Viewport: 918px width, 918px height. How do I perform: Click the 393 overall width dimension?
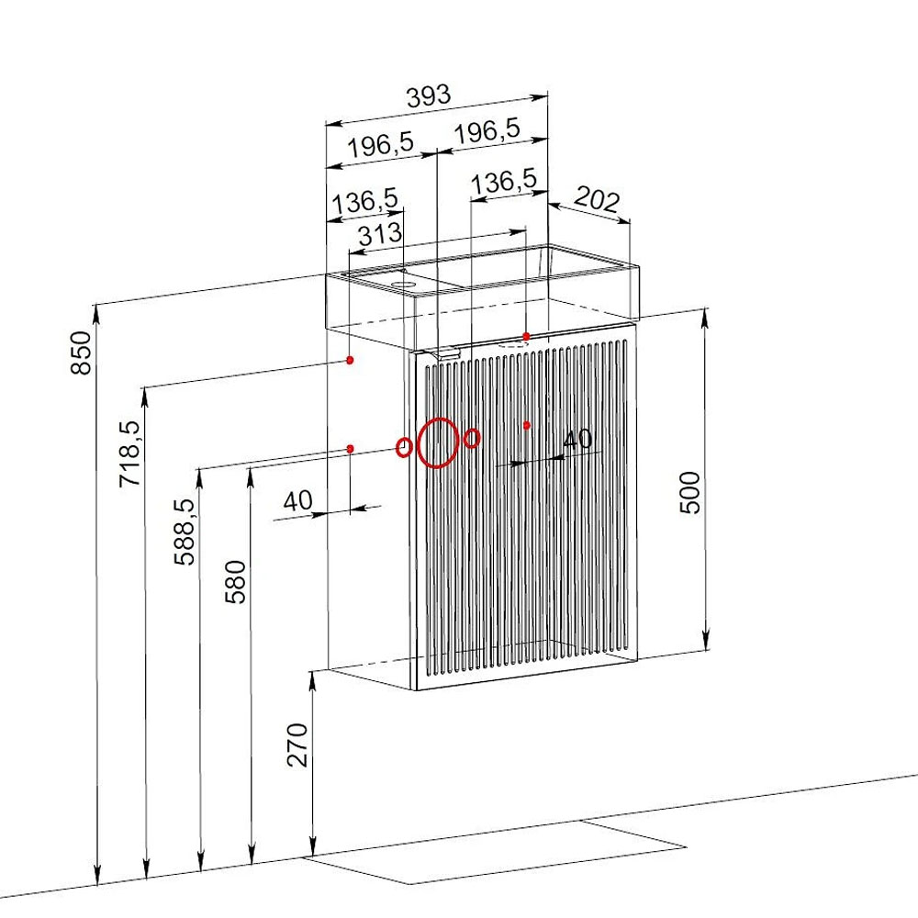(x=429, y=96)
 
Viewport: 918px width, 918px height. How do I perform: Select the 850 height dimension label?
(x=82, y=353)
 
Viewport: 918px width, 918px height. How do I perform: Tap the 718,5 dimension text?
(x=130, y=453)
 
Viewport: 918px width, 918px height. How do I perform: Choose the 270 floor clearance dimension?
(x=297, y=744)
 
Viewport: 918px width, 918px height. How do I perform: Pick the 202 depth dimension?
(x=597, y=199)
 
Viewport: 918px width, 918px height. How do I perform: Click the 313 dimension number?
(x=380, y=235)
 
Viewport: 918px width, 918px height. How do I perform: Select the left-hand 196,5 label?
(x=381, y=145)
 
